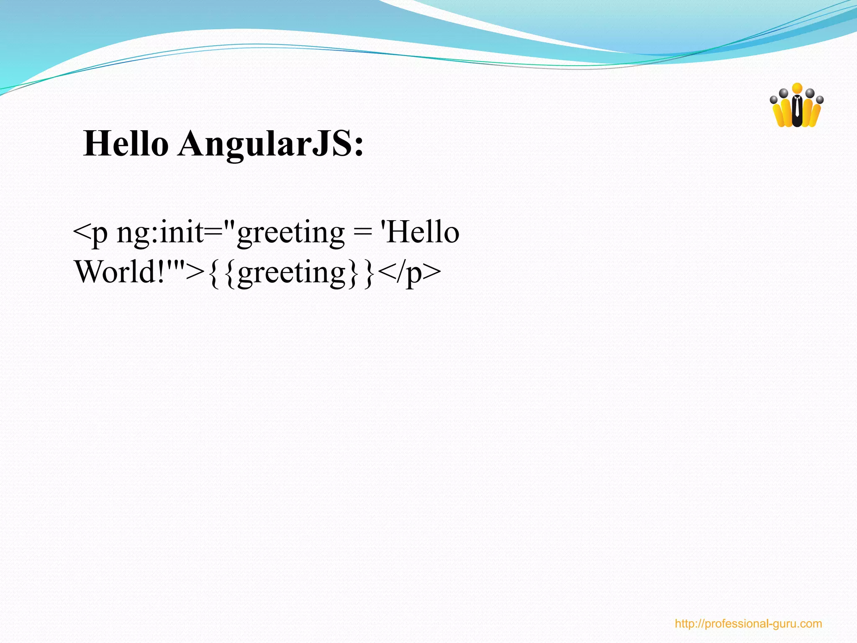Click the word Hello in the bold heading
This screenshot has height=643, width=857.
click(126, 144)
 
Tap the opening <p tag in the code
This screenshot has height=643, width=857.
click(90, 233)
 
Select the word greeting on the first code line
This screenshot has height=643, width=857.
click(290, 233)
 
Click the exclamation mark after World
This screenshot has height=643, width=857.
click(163, 272)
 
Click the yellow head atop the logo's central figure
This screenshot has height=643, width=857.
click(797, 88)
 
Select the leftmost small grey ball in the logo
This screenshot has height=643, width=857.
click(774, 100)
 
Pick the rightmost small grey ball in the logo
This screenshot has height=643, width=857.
click(820, 100)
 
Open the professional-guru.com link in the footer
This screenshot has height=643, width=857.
click(748, 624)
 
